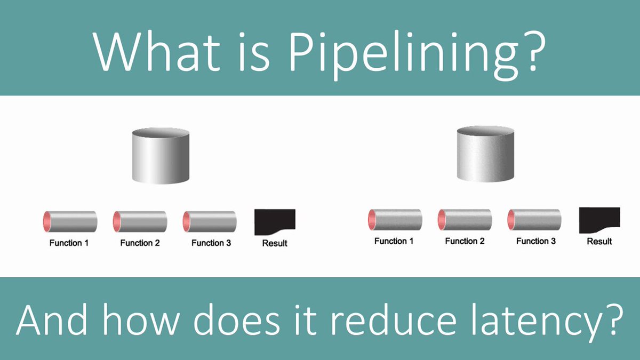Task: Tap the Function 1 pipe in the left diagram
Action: pos(70,221)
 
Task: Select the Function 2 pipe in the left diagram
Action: pos(140,221)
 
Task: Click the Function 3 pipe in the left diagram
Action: pos(210,221)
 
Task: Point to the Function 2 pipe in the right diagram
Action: pos(465,219)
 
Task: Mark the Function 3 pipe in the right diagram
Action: pos(534,219)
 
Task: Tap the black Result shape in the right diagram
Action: pos(598,219)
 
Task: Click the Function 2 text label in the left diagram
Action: pos(140,243)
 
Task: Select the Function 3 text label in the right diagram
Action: pos(535,241)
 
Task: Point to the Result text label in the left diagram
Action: pos(275,243)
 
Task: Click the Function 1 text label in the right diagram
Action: pos(394,241)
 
